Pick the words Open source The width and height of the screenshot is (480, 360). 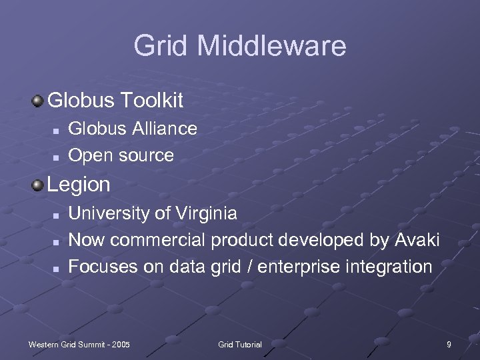[x=121, y=155]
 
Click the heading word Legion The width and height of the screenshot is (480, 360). [x=79, y=185]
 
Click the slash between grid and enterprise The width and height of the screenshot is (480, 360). [x=248, y=267]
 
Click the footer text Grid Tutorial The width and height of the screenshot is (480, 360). [x=240, y=344]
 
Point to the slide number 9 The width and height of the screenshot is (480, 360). [x=449, y=344]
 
